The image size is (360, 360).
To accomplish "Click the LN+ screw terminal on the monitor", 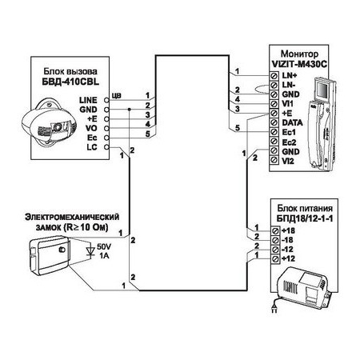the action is tap(274, 76).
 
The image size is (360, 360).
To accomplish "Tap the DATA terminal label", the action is tap(292, 122).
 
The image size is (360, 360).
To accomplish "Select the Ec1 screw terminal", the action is tap(274, 132).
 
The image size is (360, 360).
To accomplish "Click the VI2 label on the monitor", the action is tap(288, 161).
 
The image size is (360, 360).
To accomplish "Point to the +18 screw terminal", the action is tap(275, 230).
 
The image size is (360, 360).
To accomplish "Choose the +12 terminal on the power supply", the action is tap(275, 258).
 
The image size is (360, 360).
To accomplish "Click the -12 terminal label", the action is tap(287, 250).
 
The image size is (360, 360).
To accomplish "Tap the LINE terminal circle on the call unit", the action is tap(106, 100).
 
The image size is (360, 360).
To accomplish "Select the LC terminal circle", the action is tap(106, 147).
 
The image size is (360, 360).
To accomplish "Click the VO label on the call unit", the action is tap(91, 128).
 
